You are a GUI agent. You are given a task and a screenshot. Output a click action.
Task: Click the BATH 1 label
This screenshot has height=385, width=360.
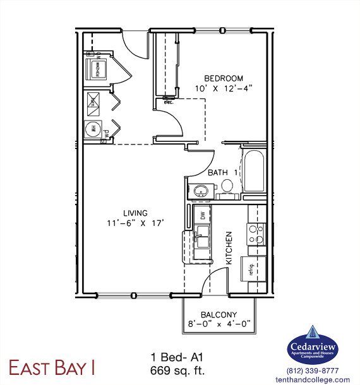click(222, 172)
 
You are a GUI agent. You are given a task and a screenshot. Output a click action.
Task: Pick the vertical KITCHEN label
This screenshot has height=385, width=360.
click(229, 247)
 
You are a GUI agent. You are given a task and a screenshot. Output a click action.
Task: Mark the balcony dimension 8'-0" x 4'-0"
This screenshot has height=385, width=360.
click(219, 324)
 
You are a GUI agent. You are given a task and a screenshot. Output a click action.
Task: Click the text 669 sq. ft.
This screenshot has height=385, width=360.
click(177, 368)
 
